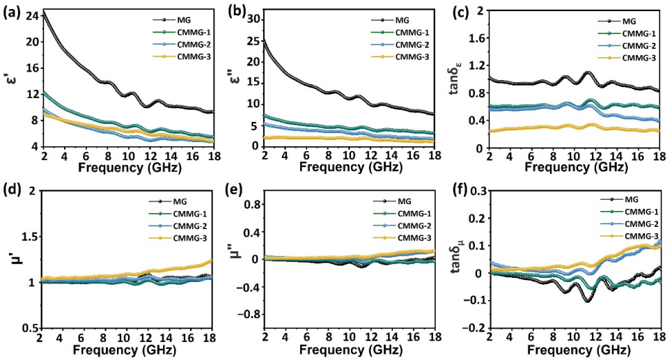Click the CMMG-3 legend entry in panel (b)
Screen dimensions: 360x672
(x=404, y=57)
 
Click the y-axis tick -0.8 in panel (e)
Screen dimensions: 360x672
(x=248, y=314)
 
